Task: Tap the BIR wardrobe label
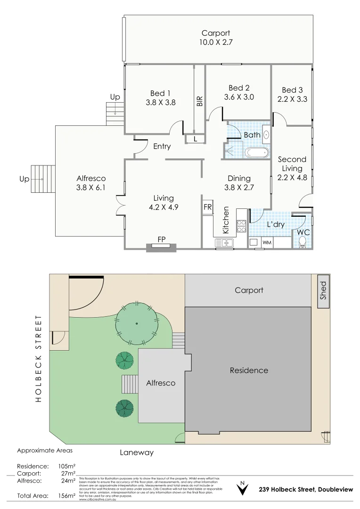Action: click(200, 100)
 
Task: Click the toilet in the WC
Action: click(303, 242)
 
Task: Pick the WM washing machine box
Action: click(267, 242)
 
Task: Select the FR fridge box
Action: click(207, 207)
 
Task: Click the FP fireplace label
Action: click(161, 239)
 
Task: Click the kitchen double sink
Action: click(225, 243)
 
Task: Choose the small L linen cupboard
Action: click(195, 139)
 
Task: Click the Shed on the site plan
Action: click(323, 291)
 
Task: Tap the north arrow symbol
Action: click(242, 489)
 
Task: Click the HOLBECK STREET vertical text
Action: click(39, 358)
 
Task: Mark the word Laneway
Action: click(137, 452)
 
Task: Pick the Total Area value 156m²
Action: click(66, 496)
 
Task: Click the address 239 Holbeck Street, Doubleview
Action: click(305, 490)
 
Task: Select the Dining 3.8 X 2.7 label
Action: click(239, 183)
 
